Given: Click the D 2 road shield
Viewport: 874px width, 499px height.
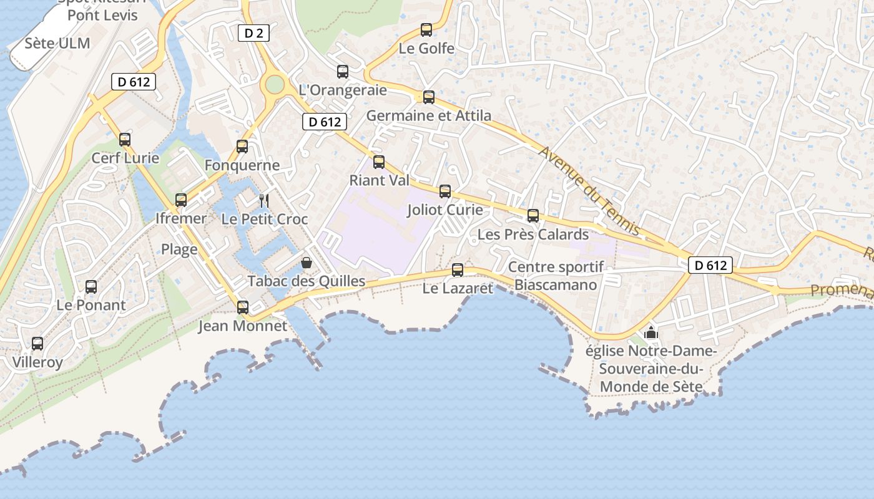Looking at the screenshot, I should point(253,33).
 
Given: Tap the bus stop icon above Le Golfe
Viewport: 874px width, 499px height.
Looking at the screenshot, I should point(426,29).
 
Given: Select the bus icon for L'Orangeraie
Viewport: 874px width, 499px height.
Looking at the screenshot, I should point(343,72).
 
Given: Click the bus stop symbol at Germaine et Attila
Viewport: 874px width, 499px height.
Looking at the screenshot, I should point(428,97).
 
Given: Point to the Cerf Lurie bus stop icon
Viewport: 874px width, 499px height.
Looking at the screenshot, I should point(125,139).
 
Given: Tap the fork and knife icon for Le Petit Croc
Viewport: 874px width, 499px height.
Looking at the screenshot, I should point(264,200).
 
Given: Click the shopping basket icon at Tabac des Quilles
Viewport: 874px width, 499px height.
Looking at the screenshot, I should point(306,262).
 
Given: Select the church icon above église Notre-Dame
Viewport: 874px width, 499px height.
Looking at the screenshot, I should point(651,332).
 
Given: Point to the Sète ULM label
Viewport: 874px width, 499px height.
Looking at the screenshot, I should point(57,44).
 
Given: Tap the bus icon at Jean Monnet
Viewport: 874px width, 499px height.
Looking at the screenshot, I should point(243,307).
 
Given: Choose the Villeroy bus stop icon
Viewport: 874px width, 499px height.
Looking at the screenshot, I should point(37,344).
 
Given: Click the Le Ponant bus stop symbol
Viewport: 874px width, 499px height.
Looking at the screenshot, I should point(91,287).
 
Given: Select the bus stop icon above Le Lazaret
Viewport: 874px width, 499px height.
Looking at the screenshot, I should point(458,270).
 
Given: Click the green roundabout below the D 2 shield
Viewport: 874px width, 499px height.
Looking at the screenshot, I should point(273,84).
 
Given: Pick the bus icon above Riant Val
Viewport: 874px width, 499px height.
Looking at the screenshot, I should point(379,162).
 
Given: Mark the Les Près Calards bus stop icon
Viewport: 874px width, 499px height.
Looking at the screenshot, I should point(533,216).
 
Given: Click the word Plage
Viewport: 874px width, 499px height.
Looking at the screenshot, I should point(179,249).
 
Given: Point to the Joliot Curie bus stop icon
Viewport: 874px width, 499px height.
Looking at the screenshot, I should point(445,191).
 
